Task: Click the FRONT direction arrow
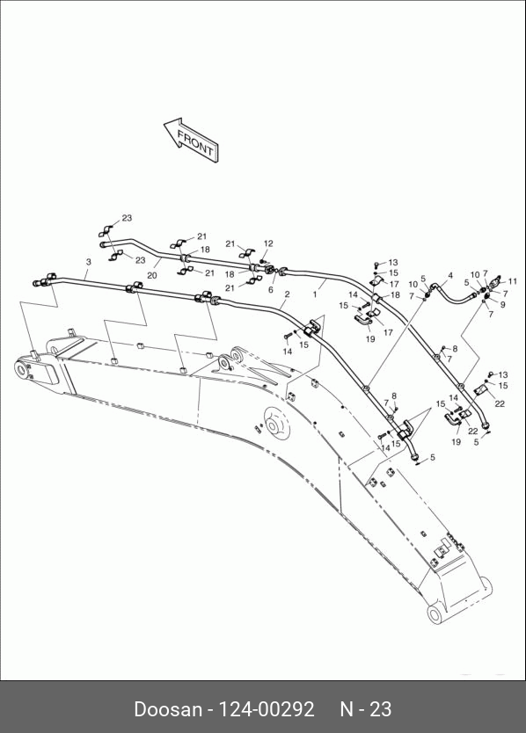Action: (192, 141)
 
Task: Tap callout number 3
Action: (89, 262)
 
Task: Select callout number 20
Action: (151, 276)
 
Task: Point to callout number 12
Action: (268, 243)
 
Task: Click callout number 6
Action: (271, 290)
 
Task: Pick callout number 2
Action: (287, 294)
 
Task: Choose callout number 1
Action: (315, 294)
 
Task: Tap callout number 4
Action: (450, 275)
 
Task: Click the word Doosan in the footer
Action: (167, 709)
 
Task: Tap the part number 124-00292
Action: (267, 709)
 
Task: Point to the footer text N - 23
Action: (366, 709)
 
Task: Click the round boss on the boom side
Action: (276, 422)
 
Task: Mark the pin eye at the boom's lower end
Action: (435, 614)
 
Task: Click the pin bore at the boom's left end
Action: (21, 369)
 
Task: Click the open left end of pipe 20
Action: (103, 244)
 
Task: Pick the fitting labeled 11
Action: (495, 282)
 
